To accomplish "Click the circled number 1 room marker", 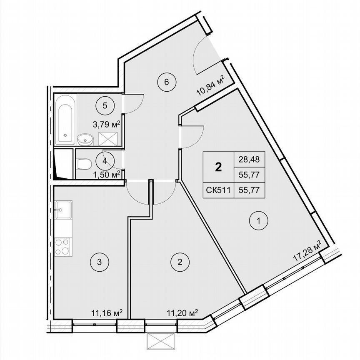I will [x=259, y=221].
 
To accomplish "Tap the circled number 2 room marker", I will [x=180, y=262].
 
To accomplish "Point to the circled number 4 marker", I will [x=104, y=160].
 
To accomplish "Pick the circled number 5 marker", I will [x=105, y=105].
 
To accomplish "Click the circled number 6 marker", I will [x=166, y=82].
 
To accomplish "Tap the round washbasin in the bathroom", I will [x=85, y=138].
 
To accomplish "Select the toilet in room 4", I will [x=85, y=163].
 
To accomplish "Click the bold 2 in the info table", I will [x=217, y=167].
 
